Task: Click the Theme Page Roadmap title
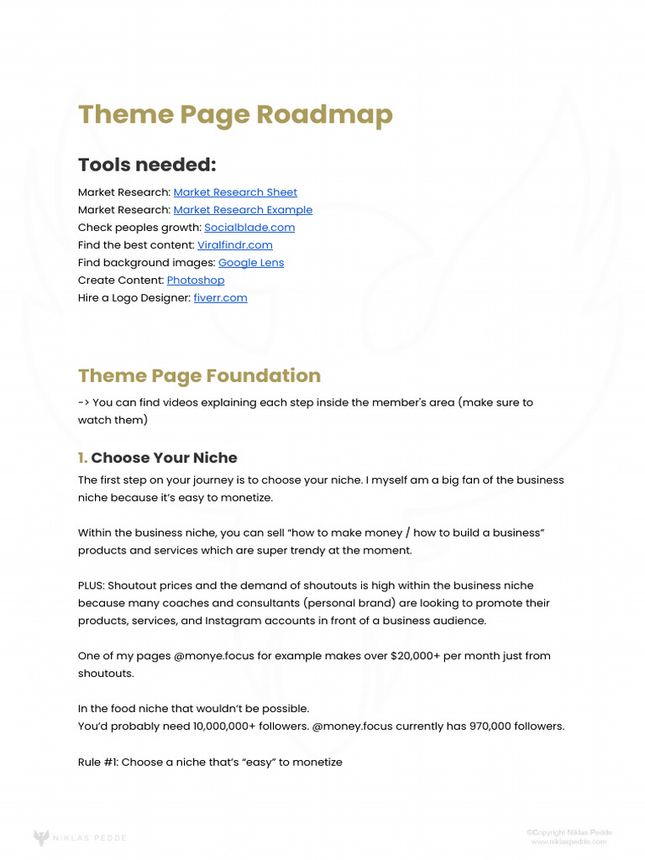click(235, 114)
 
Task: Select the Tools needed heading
click(147, 165)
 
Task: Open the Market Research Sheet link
click(235, 192)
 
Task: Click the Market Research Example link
click(243, 210)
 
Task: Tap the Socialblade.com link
click(249, 228)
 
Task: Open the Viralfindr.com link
click(235, 245)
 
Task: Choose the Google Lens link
click(251, 263)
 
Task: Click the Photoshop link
click(196, 281)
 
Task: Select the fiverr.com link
click(220, 298)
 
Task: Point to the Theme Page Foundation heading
click(199, 375)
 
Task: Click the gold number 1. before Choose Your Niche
click(82, 458)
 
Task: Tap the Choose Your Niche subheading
click(164, 458)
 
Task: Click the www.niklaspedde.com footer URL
click(571, 842)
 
